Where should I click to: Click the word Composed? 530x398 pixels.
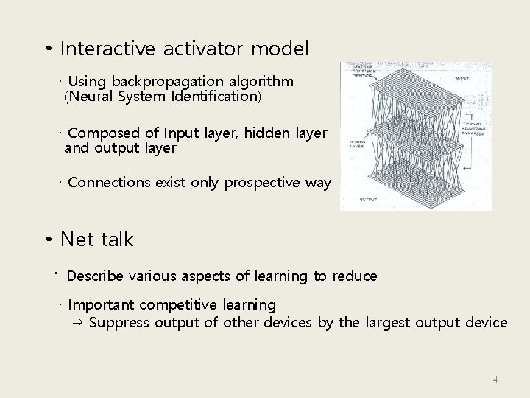(103, 133)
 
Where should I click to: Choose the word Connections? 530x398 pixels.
(109, 182)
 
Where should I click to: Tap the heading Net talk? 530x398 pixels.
(96, 240)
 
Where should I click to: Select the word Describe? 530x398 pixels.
(95, 276)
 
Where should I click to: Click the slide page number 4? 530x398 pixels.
(495, 380)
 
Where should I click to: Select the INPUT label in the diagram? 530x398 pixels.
(463, 77)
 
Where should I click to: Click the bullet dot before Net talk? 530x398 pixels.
(48, 240)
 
